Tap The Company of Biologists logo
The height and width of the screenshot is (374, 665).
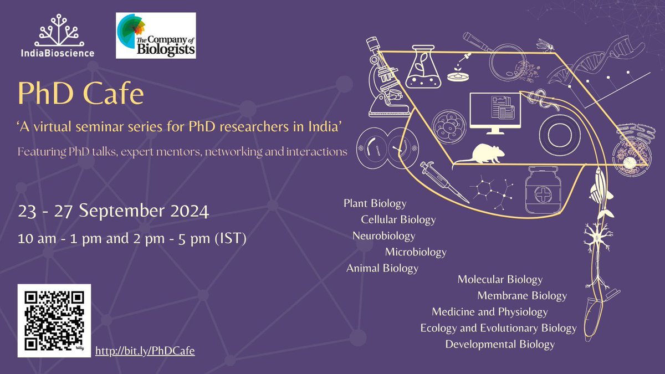coord(155,35)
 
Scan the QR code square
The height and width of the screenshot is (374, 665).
coord(54,320)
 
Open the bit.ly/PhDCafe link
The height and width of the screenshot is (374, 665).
coord(145,351)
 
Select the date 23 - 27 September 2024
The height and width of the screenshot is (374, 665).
coord(113,212)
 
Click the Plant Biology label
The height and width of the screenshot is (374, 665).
coord(375,203)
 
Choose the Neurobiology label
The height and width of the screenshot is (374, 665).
coord(383,236)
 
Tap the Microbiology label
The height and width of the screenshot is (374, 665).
coord(416,252)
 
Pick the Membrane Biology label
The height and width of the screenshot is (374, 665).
coord(522,295)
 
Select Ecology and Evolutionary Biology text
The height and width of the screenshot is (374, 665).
coord(498,328)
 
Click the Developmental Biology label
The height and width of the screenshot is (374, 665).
coord(500,344)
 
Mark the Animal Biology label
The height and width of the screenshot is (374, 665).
coord(382,268)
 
